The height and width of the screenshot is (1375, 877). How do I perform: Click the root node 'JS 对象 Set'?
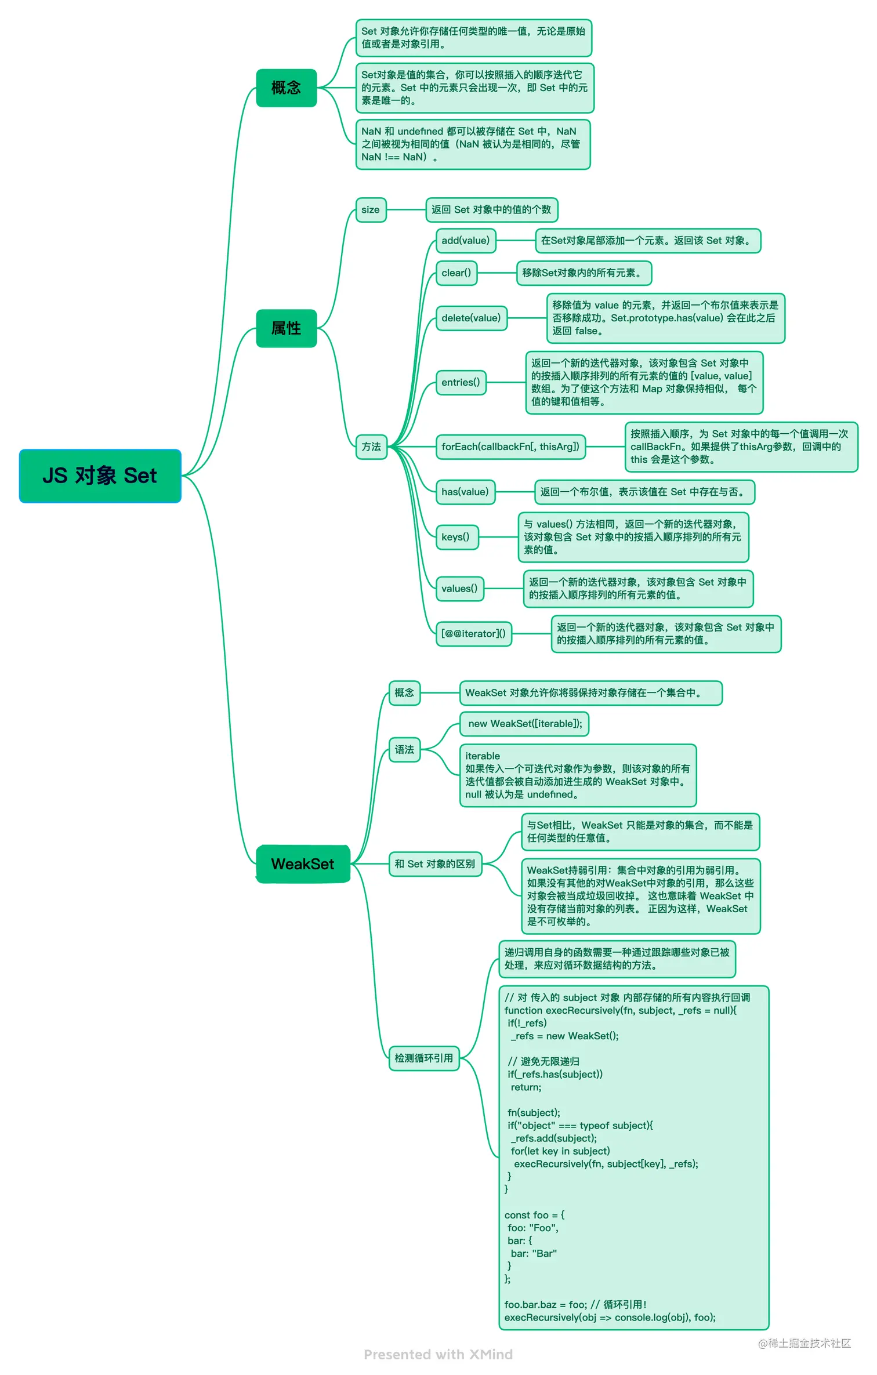tap(100, 476)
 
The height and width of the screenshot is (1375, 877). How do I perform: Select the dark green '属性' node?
tap(286, 328)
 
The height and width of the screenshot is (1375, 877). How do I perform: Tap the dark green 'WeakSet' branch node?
tap(302, 864)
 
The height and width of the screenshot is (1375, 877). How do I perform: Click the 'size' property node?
tap(370, 210)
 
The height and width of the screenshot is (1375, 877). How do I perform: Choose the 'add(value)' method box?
tap(465, 241)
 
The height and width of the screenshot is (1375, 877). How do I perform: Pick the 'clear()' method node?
tap(456, 273)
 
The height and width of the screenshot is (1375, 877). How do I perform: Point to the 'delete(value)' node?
tap(470, 318)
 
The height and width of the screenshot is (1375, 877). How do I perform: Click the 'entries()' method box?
tap(461, 383)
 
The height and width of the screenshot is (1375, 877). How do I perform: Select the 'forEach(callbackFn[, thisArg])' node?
tap(510, 447)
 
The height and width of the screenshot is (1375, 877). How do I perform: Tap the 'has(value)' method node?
tap(465, 492)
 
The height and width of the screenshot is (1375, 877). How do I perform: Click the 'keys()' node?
tap(455, 537)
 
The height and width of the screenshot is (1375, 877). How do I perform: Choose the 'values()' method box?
tap(459, 589)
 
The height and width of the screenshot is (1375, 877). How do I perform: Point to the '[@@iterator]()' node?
tap(473, 634)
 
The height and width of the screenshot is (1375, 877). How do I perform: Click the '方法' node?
tap(371, 447)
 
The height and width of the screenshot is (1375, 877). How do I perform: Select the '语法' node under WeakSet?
tap(404, 750)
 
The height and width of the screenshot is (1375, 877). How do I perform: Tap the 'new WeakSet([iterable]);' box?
tap(524, 724)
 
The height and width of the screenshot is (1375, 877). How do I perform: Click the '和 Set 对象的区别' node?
tap(434, 864)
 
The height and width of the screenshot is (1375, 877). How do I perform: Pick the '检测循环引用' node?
tap(423, 1058)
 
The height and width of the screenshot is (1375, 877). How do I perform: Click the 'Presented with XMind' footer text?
tap(438, 1355)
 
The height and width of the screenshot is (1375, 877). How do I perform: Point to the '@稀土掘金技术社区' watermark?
tap(804, 1343)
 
